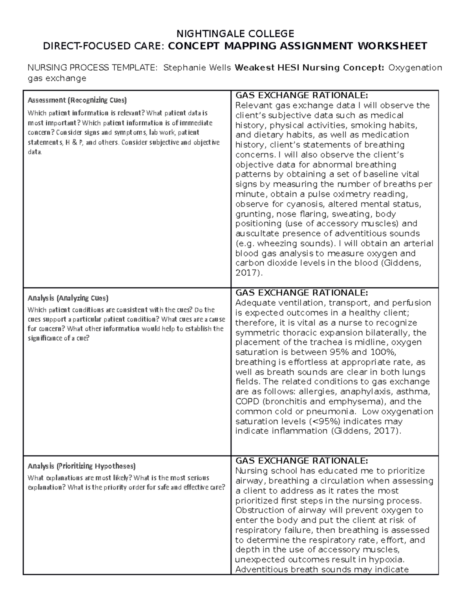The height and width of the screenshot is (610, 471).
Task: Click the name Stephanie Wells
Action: (x=197, y=68)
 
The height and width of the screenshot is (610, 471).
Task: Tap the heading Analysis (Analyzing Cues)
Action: (x=68, y=298)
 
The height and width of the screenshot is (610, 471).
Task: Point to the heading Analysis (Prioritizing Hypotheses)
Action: (x=81, y=466)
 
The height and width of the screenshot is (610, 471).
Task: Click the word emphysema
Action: (x=353, y=401)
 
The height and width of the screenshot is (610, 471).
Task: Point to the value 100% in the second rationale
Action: (x=381, y=352)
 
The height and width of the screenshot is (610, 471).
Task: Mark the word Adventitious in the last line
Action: (x=261, y=570)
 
